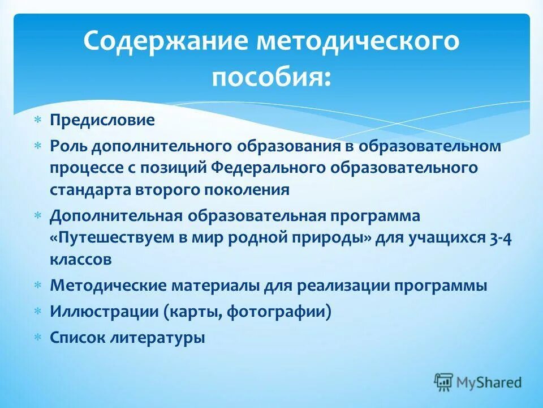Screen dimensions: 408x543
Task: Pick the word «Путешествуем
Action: tap(108, 238)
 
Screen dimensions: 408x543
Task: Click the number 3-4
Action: tap(499, 238)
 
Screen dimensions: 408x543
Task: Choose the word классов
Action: tap(80, 260)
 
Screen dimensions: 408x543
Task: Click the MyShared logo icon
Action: tap(444, 382)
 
